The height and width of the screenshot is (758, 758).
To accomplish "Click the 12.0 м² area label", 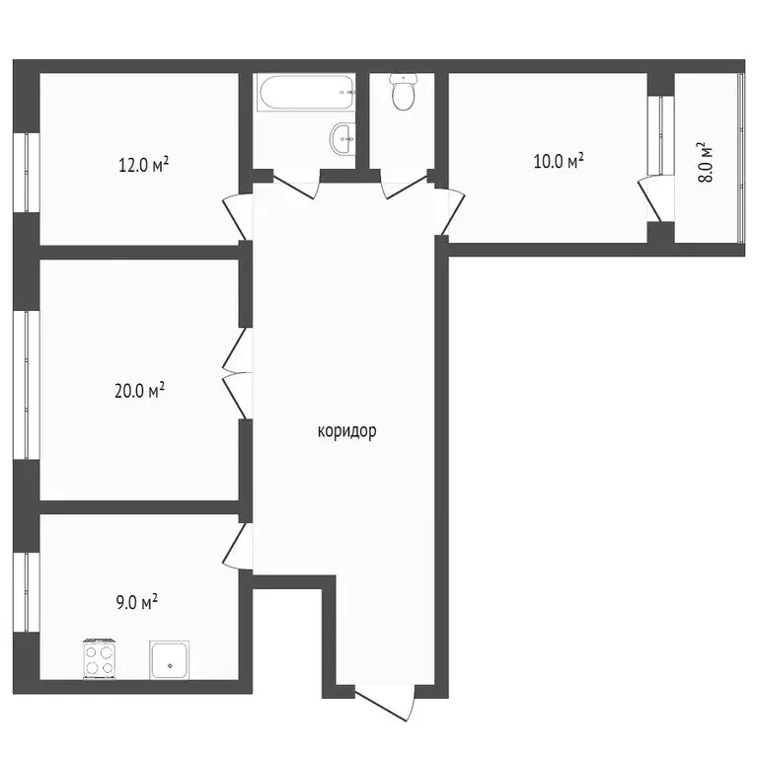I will tap(143, 165).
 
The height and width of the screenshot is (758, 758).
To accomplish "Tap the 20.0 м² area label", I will tap(139, 391).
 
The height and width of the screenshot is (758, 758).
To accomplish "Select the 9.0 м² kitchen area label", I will tap(137, 602).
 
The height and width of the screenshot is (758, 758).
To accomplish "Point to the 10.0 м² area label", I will tap(559, 161).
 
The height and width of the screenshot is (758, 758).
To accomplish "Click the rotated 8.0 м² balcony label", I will tap(705, 166).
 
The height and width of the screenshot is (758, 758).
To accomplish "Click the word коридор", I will tap(347, 431).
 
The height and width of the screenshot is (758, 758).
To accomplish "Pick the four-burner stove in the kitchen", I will tap(101, 658).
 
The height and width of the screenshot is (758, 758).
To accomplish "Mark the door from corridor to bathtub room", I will tap(293, 184).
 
